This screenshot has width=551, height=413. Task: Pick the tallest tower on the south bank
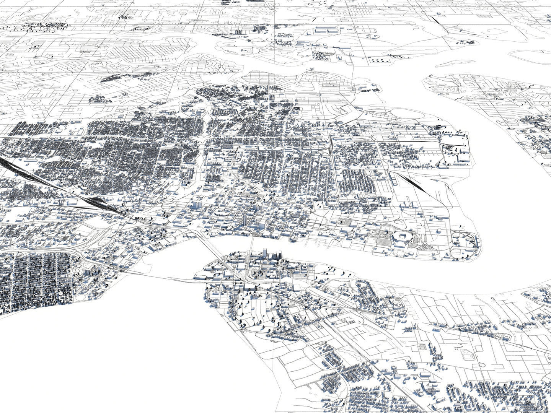(265, 254)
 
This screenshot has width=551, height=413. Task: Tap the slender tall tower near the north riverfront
(245, 220)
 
